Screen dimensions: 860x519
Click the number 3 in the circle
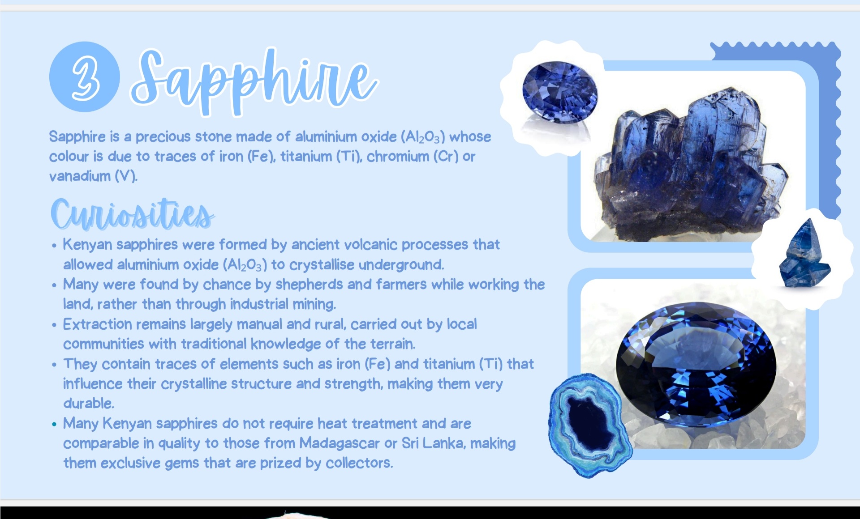[x=85, y=77]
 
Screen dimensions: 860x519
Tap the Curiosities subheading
[x=132, y=214]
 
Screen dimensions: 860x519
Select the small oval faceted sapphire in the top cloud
[x=560, y=92]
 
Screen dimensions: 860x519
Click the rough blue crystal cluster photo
[x=692, y=163]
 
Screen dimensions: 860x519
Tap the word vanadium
[x=80, y=176]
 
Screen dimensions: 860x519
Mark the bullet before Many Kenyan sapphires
[x=54, y=424]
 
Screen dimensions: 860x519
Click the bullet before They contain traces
[x=54, y=365]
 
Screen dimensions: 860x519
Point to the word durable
[x=89, y=403]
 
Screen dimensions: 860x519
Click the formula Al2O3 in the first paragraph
[x=423, y=137]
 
